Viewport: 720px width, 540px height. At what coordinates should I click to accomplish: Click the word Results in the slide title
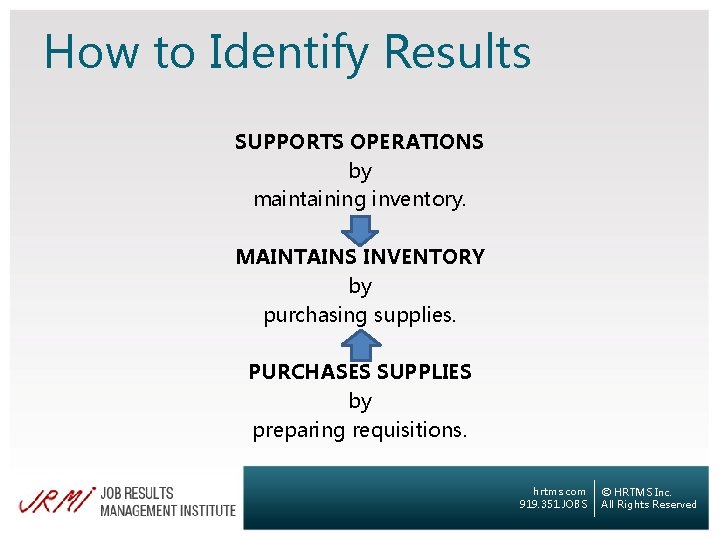coord(457,52)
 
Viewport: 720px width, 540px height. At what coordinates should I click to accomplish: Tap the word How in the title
coord(89,52)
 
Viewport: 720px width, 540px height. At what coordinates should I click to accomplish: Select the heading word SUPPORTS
coord(289,142)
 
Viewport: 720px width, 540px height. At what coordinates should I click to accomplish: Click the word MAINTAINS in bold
coord(296,257)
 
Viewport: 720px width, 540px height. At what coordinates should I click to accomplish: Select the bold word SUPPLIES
coord(423,372)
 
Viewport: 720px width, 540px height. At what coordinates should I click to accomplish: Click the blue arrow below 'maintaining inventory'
coord(360,228)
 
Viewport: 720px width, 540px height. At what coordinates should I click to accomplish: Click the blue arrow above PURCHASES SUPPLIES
coord(360,344)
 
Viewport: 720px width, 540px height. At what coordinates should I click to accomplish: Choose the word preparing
coord(297,430)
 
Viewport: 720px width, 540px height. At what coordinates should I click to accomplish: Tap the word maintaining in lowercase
coord(309,199)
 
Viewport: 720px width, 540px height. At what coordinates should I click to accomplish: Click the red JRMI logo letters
coord(56,499)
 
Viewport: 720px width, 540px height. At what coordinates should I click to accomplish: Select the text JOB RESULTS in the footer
coord(136,493)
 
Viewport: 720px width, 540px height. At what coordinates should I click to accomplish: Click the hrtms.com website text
coord(560,492)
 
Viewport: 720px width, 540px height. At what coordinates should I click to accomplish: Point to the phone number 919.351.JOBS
coord(554,505)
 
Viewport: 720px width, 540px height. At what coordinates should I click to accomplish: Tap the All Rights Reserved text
coord(648,505)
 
